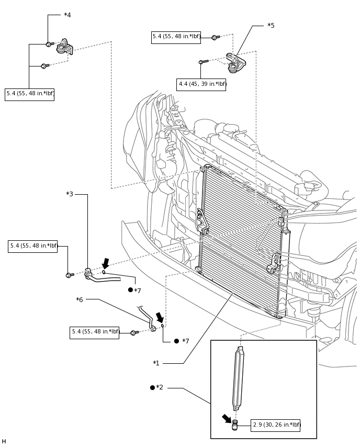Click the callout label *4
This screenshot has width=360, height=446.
(67, 15)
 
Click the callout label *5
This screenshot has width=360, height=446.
(271, 26)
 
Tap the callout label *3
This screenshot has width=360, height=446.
(70, 194)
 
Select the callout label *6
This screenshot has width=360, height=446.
(80, 300)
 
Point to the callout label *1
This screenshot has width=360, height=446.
(156, 363)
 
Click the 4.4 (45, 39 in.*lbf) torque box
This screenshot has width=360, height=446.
(201, 84)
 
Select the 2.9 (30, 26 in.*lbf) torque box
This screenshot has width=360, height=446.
(275, 425)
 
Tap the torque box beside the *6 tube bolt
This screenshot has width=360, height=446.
(94, 332)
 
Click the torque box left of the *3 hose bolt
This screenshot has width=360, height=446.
(32, 247)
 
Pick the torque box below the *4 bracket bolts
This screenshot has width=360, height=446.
(30, 94)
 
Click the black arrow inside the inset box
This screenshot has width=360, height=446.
(227, 418)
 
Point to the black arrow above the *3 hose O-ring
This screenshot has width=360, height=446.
(106, 263)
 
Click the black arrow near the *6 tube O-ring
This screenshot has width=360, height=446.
(160, 317)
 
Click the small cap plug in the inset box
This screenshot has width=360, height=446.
(234, 425)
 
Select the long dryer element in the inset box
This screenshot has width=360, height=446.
(239, 378)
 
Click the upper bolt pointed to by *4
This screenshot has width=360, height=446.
(50, 44)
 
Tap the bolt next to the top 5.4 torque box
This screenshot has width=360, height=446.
(216, 37)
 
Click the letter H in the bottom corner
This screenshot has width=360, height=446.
(4, 441)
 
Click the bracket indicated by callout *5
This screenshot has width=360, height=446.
(236, 63)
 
